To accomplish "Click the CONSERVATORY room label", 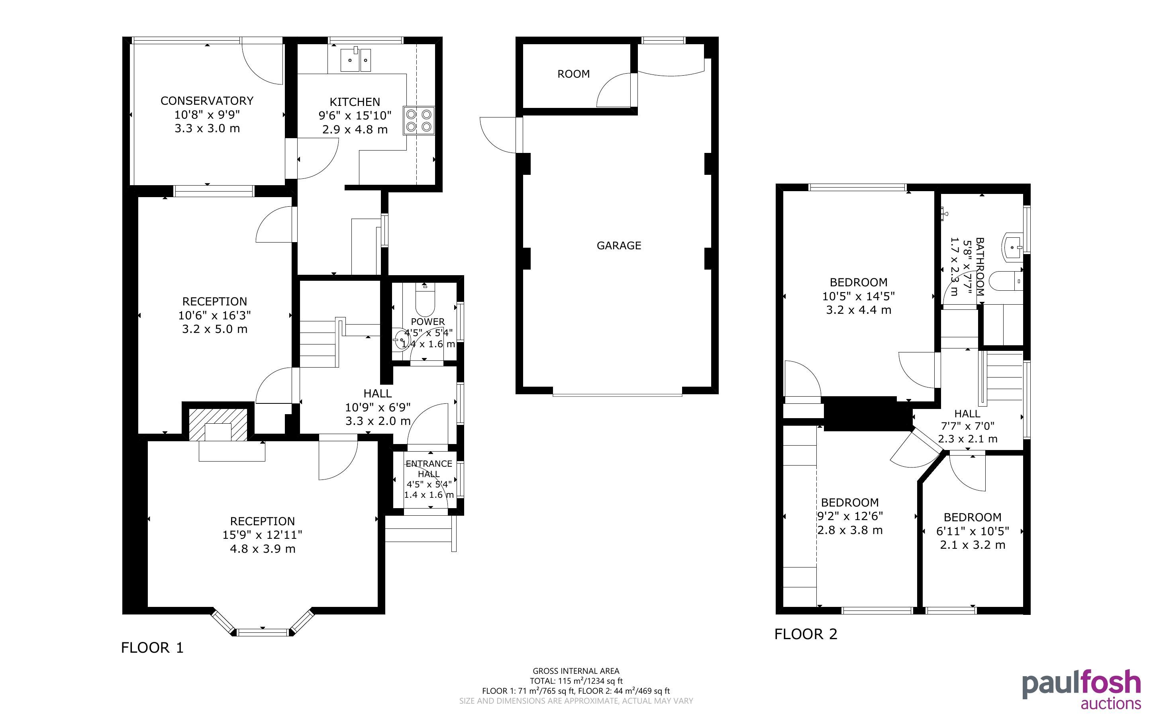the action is [x=207, y=101].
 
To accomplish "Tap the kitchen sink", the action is [x=355, y=60].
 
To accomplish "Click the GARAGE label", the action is [x=619, y=246].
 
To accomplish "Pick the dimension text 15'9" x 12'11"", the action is [x=263, y=535].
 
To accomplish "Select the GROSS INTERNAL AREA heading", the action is [x=576, y=671].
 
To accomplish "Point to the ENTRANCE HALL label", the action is [x=429, y=469].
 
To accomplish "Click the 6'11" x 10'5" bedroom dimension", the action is [x=973, y=531].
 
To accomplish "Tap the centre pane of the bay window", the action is [x=263, y=632].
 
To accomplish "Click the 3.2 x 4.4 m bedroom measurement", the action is [x=858, y=310].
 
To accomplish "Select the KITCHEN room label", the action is [x=355, y=102].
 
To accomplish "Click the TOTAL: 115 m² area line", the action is [x=576, y=681].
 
